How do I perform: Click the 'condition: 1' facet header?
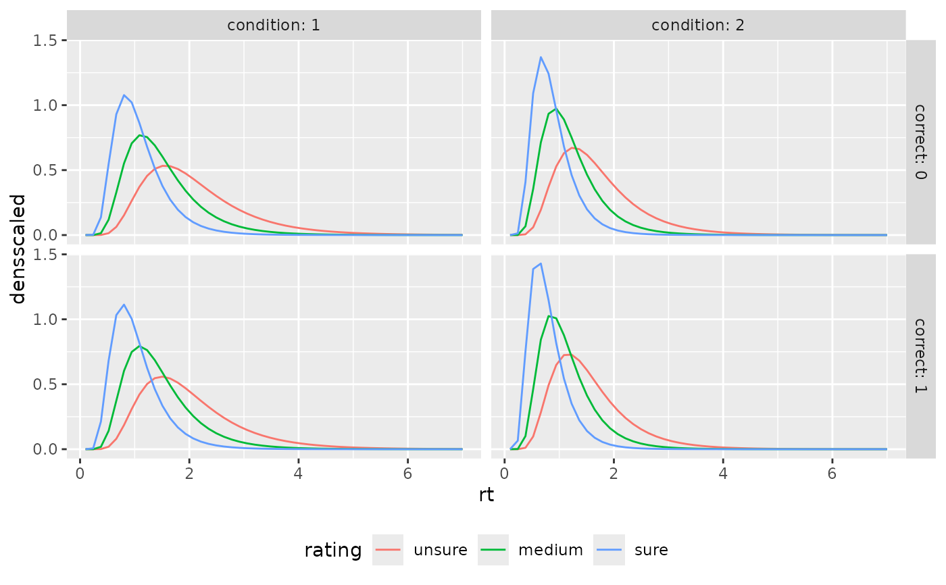pyautogui.click(x=273, y=26)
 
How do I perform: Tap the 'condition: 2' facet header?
pyautogui.click(x=697, y=26)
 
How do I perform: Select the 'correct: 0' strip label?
pyautogui.click(x=920, y=142)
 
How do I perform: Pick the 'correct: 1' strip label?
pyautogui.click(x=920, y=356)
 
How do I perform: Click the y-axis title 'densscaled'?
pyautogui.click(x=19, y=249)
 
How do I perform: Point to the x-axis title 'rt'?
pyautogui.click(x=486, y=495)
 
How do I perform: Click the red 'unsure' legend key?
pyautogui.click(x=388, y=550)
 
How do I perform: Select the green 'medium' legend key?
pyautogui.click(x=493, y=550)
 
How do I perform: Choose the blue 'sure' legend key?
pyautogui.click(x=609, y=550)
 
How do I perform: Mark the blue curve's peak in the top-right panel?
pyautogui.click(x=541, y=57)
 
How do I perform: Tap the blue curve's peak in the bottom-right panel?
pyautogui.click(x=541, y=263)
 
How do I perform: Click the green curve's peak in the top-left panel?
pyautogui.click(x=140, y=135)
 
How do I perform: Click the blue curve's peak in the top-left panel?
pyautogui.click(x=124, y=95)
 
